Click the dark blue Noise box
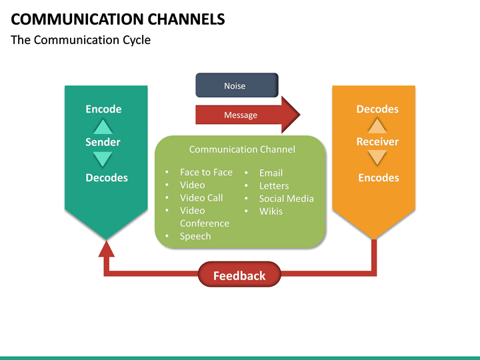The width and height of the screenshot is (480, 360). pyautogui.click(x=237, y=85)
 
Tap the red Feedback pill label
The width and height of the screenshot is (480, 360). pyautogui.click(x=239, y=275)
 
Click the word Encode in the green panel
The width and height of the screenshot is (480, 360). pyautogui.click(x=103, y=109)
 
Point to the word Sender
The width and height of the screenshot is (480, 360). pyautogui.click(x=103, y=142)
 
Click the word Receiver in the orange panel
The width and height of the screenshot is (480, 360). pyautogui.click(x=377, y=142)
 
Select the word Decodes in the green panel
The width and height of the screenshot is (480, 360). pyautogui.click(x=107, y=178)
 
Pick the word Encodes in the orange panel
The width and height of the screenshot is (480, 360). pyautogui.click(x=379, y=178)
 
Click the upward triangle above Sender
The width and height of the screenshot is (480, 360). pyautogui.click(x=103, y=126)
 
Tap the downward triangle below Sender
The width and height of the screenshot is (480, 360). pyautogui.click(x=103, y=159)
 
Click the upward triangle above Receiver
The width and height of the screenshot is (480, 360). pyautogui.click(x=377, y=126)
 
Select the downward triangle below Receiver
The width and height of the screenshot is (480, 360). pyautogui.click(x=377, y=158)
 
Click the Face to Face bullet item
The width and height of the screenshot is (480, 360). pyautogui.click(x=206, y=172)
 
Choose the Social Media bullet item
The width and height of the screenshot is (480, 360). pyautogui.click(x=286, y=199)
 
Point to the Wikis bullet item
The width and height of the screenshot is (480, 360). pyautogui.click(x=271, y=211)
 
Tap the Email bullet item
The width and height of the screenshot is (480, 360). pyautogui.click(x=271, y=173)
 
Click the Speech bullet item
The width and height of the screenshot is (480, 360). pyautogui.click(x=195, y=237)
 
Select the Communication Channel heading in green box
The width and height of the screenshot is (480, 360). pyautogui.click(x=242, y=149)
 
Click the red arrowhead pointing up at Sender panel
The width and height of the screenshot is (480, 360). pyautogui.click(x=107, y=249)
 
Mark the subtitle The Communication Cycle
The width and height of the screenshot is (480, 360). pyautogui.click(x=81, y=40)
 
